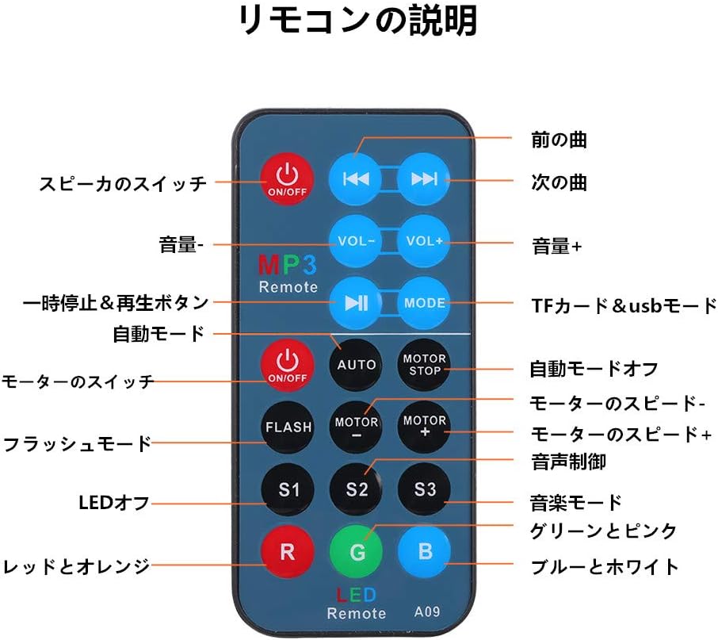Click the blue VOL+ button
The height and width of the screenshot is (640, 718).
pos(424,240)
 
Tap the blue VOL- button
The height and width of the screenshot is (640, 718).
pos(356,240)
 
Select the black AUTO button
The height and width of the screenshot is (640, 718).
pos(357,365)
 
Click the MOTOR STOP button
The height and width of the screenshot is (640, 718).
pos(424,365)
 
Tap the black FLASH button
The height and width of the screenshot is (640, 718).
pos(288,427)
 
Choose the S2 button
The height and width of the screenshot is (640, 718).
pos(357,489)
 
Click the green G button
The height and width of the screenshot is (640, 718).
pos(357,552)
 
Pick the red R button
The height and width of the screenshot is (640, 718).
pos(288,552)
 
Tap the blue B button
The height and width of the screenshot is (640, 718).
pos(424,552)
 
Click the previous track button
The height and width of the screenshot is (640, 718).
pos(356,178)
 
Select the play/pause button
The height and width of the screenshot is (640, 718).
pos(356,302)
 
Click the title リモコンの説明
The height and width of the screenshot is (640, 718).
pos(358,21)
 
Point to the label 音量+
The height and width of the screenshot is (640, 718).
pos(556,247)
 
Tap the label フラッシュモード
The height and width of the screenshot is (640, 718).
pos(77,443)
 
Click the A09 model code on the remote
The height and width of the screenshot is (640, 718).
pos(428,611)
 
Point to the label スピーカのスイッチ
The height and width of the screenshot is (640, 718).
pos(123,183)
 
